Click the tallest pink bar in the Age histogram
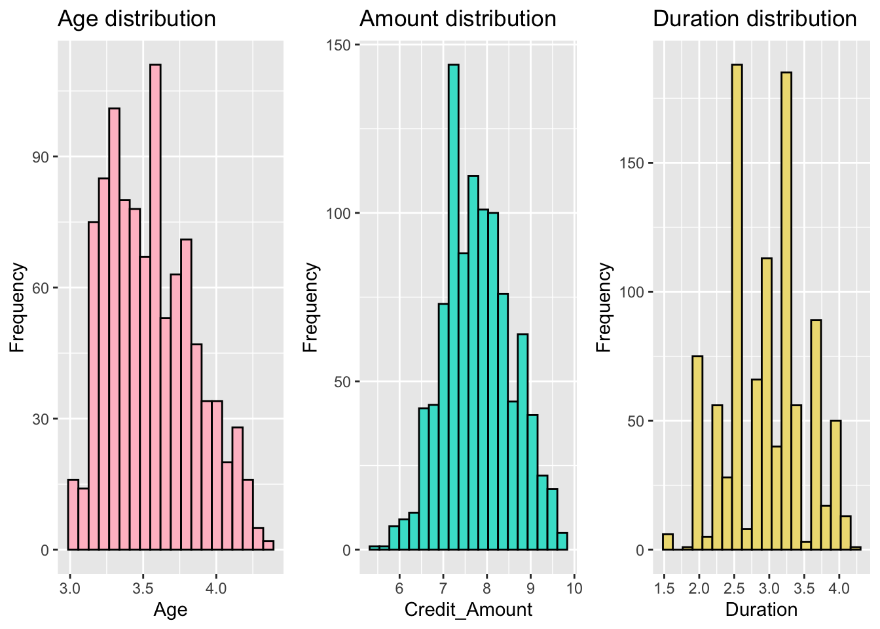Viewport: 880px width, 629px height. pyautogui.click(x=155, y=308)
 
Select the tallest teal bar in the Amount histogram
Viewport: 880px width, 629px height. pyautogui.click(x=453, y=308)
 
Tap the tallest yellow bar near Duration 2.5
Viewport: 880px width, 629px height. pyautogui.click(x=737, y=308)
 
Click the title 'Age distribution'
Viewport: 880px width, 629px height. pyautogui.click(x=137, y=19)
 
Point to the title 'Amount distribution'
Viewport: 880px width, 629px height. pyautogui.click(x=458, y=19)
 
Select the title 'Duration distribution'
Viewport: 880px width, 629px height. pyautogui.click(x=754, y=19)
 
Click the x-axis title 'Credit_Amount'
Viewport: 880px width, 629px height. pyautogui.click(x=468, y=610)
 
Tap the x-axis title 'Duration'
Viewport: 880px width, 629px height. pyautogui.click(x=761, y=610)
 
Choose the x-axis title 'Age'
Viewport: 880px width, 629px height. pyautogui.click(x=170, y=610)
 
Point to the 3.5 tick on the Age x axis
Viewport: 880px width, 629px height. pyautogui.click(x=143, y=588)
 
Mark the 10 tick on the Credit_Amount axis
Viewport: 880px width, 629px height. pyautogui.click(x=574, y=588)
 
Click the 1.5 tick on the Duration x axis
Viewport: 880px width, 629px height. pyautogui.click(x=664, y=588)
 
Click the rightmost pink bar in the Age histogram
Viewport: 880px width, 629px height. pyautogui.click(x=268, y=545)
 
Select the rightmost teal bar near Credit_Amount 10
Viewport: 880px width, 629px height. pyautogui.click(x=562, y=541)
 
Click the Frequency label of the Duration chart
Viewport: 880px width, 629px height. pyautogui.click(x=604, y=308)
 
